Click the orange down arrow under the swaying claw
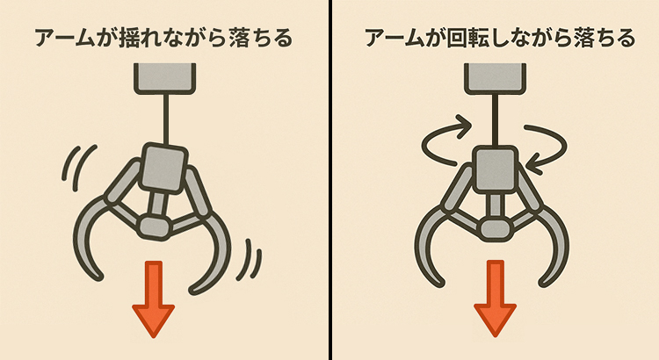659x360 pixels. click(x=154, y=299)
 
